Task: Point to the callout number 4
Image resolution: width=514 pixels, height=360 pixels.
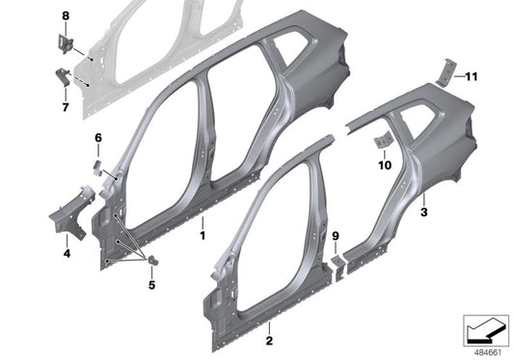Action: click(67, 254)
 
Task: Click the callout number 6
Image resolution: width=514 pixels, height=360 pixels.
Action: click(97, 138)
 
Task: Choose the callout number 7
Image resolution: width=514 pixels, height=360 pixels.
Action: click(66, 108)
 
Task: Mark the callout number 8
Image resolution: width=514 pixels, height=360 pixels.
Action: click(66, 17)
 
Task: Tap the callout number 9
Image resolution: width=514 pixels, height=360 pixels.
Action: click(336, 235)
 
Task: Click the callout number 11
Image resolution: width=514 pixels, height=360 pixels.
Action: click(472, 75)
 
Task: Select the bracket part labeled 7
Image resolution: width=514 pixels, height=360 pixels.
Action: click(63, 80)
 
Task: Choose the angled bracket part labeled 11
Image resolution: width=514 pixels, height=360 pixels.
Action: click(446, 72)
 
